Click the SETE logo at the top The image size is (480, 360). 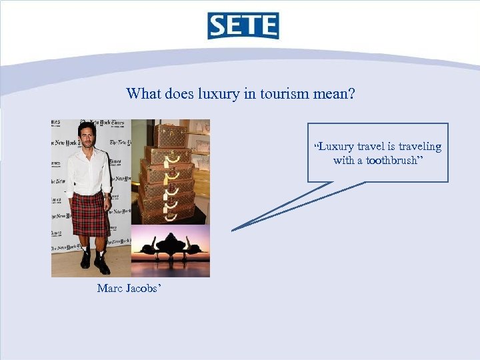(x=243, y=26)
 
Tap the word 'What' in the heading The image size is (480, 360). (x=143, y=94)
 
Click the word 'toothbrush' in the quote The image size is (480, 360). (x=389, y=161)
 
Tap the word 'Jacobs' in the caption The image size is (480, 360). (x=143, y=288)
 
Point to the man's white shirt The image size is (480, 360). (x=88, y=170)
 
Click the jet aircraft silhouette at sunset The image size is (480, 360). (x=170, y=251)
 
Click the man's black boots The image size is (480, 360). (x=93, y=261)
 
